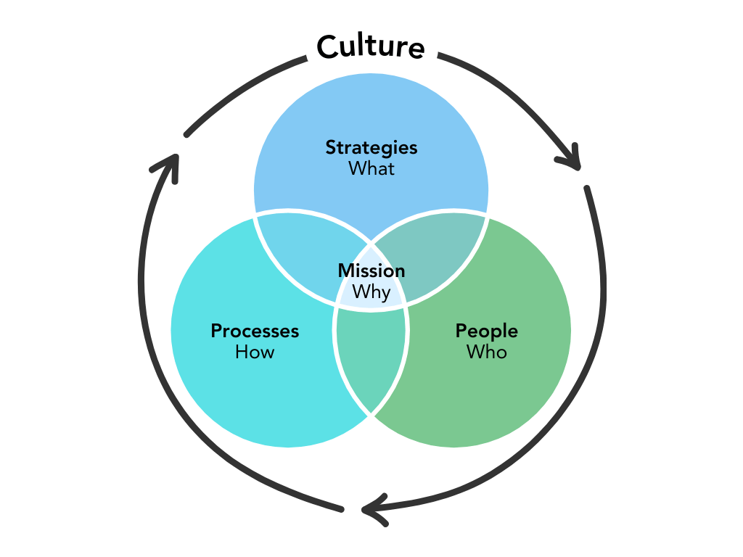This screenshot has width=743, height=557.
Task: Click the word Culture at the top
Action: pos(371,46)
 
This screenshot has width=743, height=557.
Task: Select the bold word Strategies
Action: pos(371,147)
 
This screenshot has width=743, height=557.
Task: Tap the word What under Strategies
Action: pos(371,168)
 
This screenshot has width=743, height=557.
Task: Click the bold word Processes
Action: pos(255,331)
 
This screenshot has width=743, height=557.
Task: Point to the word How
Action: pos(255,352)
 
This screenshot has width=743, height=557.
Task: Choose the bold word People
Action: pos(486,331)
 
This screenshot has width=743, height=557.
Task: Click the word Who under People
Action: pos(486,352)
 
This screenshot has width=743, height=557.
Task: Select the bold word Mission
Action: pos(371,271)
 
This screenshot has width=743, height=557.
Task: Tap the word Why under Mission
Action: pos(371,292)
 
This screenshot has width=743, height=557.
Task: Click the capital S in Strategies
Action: pos(330,147)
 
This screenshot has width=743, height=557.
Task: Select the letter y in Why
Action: pos(385,294)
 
